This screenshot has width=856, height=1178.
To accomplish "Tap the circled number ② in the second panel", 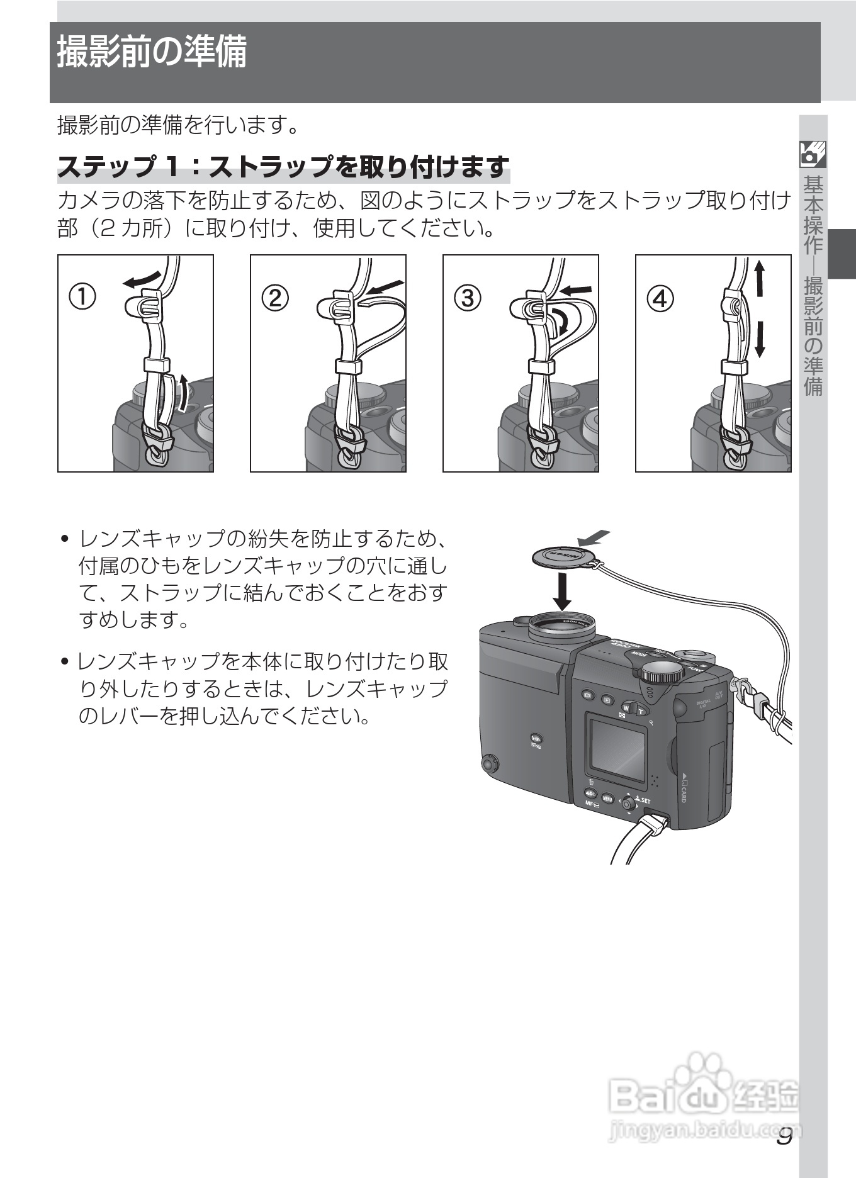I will pyautogui.click(x=275, y=297).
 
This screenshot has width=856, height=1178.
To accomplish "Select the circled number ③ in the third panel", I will pyautogui.click(x=468, y=297).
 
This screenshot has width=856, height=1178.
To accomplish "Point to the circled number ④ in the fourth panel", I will pyautogui.click(x=660, y=297).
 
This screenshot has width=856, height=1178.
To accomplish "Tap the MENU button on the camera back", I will pyautogui.click(x=607, y=798).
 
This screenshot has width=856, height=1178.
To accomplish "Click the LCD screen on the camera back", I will pyautogui.click(x=617, y=750).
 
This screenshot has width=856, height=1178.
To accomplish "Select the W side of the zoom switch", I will pyautogui.click(x=627, y=708).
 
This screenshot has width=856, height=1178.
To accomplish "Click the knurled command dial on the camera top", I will pyautogui.click(x=662, y=675).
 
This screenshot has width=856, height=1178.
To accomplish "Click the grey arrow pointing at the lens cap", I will pyautogui.click(x=594, y=537).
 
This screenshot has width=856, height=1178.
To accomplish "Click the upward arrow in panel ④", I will pyautogui.click(x=760, y=278).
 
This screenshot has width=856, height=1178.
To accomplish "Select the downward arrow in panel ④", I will pyautogui.click(x=760, y=339).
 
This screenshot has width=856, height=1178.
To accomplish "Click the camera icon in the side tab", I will pyautogui.click(x=813, y=154).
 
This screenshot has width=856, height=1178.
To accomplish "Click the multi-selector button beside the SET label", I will pyautogui.click(x=628, y=804).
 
